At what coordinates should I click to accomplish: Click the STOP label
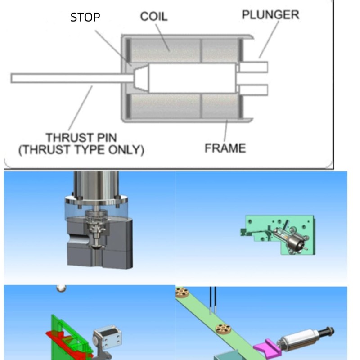pos(85,17)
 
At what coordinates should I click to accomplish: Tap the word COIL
pos(154,17)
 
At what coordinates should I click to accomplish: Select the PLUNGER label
pos(270,15)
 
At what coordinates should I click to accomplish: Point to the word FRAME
pos(225,148)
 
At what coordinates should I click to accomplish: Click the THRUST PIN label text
pos(81,138)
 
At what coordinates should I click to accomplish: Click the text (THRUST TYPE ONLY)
pos(81,150)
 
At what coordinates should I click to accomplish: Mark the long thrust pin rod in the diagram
pos(72,78)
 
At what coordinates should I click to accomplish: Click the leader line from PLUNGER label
pos(269,39)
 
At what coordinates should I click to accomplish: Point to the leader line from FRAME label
pos(226,130)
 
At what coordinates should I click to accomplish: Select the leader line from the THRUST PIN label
pos(81,108)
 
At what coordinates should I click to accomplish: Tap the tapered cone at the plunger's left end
pos(141,78)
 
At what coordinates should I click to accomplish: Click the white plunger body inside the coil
pos(193,78)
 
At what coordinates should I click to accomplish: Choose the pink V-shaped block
pos(267,347)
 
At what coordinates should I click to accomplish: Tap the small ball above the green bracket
pos(61,288)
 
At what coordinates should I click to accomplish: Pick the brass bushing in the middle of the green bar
pos(223,329)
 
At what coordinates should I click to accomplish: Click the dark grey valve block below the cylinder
pos(100,243)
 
